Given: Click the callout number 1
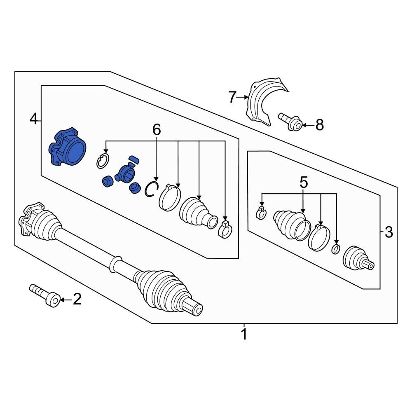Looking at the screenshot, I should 244,334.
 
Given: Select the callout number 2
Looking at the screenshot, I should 77,300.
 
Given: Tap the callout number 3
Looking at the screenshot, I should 389,233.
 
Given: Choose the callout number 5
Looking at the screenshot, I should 304,183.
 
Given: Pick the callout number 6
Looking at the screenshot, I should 157,130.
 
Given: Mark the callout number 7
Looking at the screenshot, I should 233,98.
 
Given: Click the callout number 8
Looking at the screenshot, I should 320,124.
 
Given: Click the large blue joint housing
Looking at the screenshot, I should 68,149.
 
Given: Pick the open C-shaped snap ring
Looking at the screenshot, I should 151,189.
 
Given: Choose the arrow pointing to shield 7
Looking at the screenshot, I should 243,98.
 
